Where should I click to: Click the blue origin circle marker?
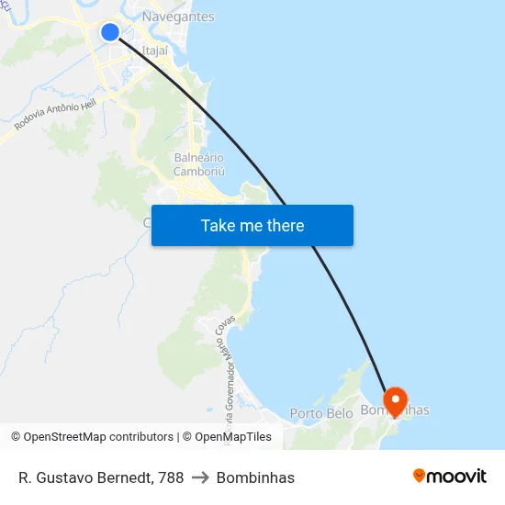(x=110, y=32)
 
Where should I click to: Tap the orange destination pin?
(x=395, y=400)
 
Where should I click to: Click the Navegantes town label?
(x=178, y=17)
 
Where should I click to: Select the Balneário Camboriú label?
(x=199, y=164)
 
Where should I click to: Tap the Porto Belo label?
(x=321, y=414)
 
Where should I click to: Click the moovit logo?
(x=450, y=477)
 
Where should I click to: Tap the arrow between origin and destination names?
(x=200, y=477)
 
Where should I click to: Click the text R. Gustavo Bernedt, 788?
(x=101, y=477)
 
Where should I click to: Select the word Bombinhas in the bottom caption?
(x=255, y=477)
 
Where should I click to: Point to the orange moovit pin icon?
(x=420, y=476)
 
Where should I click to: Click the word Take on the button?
(x=219, y=226)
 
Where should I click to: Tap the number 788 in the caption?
(x=170, y=477)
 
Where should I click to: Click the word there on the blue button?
(x=285, y=226)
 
